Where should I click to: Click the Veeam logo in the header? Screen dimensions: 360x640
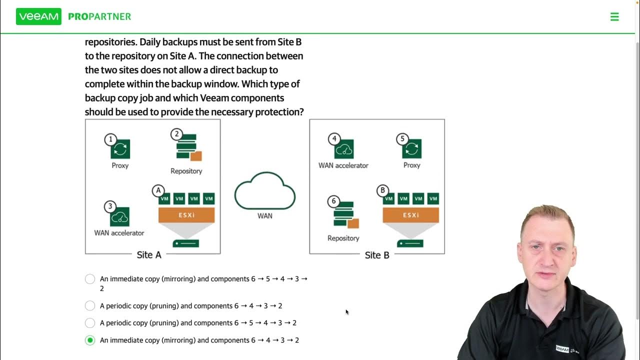click(38, 16)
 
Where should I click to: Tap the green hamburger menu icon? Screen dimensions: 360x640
click(614, 16)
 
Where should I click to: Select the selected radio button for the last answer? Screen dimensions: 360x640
click(90, 340)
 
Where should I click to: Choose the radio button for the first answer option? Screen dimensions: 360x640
click(90, 279)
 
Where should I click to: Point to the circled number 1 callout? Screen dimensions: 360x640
click(110, 139)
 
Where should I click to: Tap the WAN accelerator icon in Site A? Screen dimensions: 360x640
click(120, 216)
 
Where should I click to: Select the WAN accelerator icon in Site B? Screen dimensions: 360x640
click(344, 149)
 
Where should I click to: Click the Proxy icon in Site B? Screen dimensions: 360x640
click(412, 149)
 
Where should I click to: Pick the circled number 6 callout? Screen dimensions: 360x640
click(334, 201)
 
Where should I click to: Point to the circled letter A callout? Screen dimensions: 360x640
click(158, 190)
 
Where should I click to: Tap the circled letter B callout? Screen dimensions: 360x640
click(382, 190)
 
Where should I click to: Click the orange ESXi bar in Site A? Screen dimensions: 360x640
click(186, 215)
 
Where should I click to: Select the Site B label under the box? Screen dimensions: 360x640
click(377, 255)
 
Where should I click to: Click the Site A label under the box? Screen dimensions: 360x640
click(149, 255)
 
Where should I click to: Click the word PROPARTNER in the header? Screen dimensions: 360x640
click(99, 16)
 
